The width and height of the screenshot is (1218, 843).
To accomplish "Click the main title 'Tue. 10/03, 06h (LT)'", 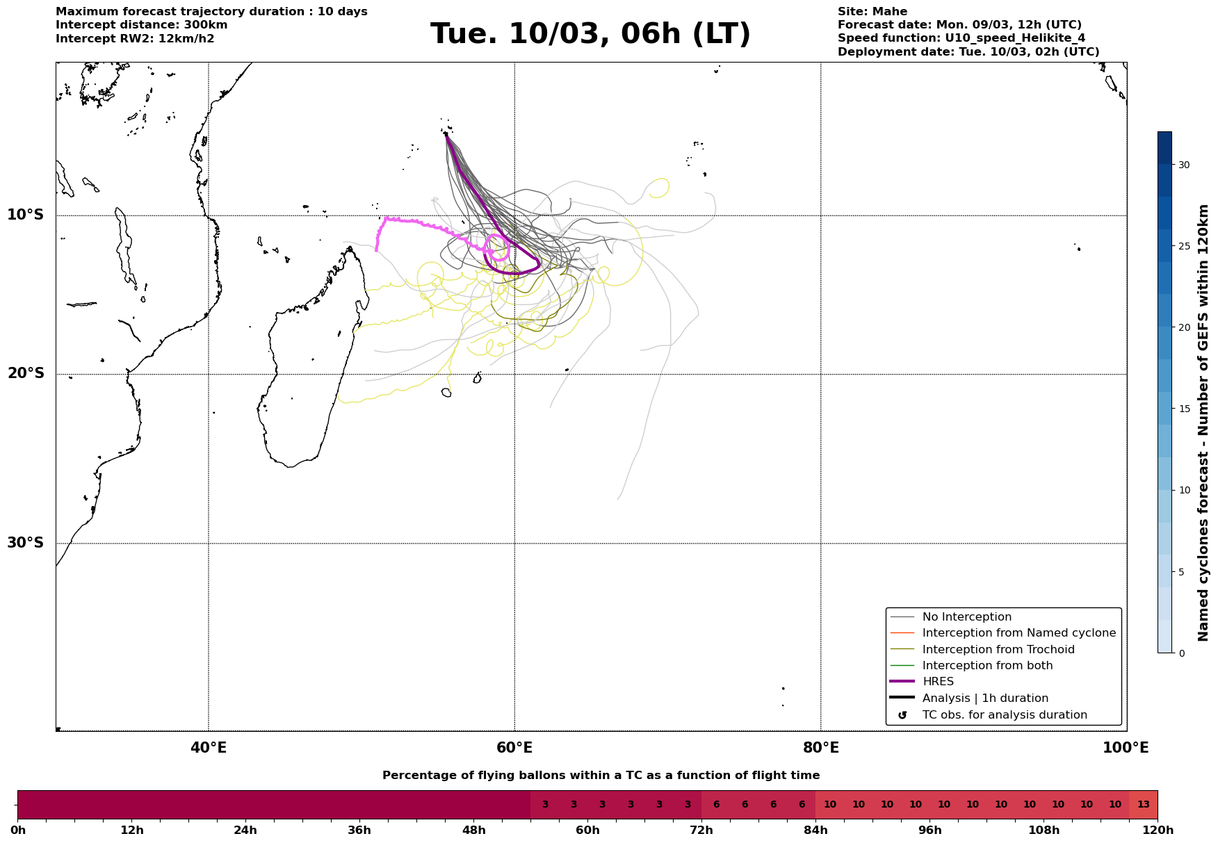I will (x=590, y=34).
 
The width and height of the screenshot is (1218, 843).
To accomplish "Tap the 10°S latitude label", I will (x=26, y=215).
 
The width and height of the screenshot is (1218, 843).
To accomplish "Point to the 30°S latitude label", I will (x=26, y=543).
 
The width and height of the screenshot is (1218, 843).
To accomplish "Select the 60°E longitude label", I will (x=514, y=748).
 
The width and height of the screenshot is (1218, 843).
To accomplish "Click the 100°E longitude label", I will (x=1126, y=748).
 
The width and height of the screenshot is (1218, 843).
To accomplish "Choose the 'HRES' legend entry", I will (x=938, y=682).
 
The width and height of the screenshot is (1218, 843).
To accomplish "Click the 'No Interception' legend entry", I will (x=966, y=617).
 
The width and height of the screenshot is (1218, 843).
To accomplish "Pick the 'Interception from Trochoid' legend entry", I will (x=998, y=650).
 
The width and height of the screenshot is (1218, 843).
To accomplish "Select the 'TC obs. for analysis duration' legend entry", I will (x=1004, y=715).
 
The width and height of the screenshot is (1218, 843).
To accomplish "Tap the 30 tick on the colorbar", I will (x=1184, y=165).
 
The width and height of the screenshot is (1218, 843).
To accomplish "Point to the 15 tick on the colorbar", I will (x=1184, y=409).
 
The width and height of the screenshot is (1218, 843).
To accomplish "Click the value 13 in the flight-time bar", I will (x=1143, y=805).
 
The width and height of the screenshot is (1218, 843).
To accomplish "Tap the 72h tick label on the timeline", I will (x=701, y=830).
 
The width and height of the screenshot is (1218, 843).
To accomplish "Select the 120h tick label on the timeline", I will (x=1157, y=830).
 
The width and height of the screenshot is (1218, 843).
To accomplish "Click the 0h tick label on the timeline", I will (x=18, y=830).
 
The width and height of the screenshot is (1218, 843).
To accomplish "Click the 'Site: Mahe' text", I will (x=872, y=12).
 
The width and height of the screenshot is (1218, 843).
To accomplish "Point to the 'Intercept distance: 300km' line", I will (x=141, y=25).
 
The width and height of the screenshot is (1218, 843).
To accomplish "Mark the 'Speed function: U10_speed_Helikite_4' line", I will (x=961, y=38).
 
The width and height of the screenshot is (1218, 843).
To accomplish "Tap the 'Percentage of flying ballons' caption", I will (x=601, y=776).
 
